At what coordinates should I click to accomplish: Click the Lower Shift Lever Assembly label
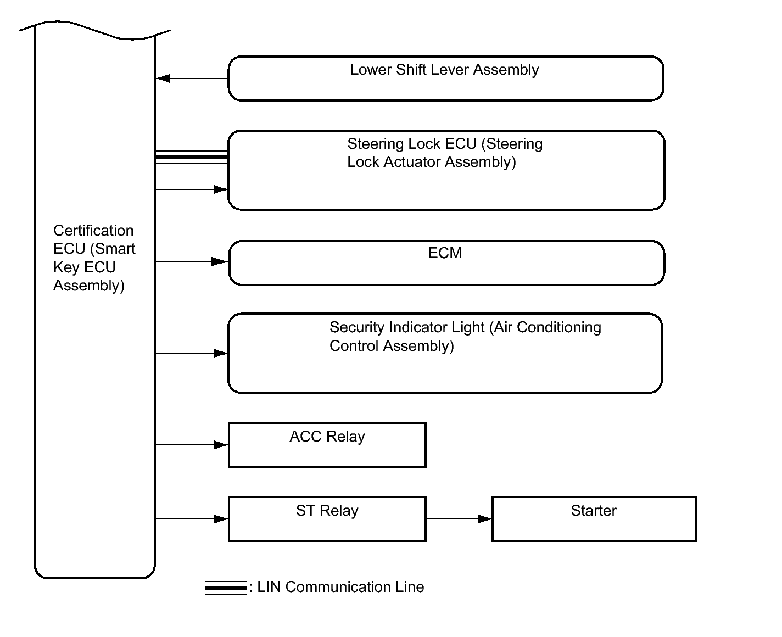click(444, 70)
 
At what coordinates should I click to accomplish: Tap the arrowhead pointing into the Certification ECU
click(163, 78)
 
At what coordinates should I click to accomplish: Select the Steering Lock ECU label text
click(445, 153)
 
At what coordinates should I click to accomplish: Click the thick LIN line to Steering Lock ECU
click(191, 157)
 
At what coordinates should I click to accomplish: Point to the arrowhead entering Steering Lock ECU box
click(221, 189)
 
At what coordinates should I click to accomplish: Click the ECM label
click(445, 253)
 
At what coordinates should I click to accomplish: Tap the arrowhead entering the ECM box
click(219, 262)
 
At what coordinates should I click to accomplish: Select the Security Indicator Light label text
click(465, 336)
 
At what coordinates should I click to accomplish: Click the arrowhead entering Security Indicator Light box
click(221, 353)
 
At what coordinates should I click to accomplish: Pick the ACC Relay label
click(327, 437)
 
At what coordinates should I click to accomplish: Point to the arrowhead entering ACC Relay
click(221, 445)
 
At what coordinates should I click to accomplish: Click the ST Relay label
click(327, 511)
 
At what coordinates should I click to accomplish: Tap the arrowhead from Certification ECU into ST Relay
click(221, 519)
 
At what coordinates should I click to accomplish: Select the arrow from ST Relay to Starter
click(459, 519)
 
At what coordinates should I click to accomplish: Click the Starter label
click(594, 510)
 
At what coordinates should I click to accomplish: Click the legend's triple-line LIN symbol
click(225, 588)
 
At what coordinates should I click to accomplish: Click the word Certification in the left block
click(93, 231)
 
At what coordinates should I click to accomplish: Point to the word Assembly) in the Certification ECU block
click(89, 286)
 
